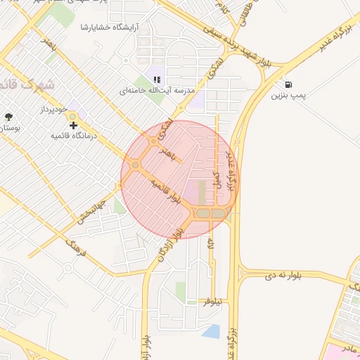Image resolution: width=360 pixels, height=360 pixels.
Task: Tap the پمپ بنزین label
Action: (290, 96)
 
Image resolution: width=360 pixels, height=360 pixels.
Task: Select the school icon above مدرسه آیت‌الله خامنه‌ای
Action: (156, 79)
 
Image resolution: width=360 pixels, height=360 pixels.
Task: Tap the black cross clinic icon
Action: (73, 124)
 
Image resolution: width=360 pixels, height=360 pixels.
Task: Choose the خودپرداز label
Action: (51, 111)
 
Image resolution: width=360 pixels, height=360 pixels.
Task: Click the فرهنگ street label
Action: (75, 247)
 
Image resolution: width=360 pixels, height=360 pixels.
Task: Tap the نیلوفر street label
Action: (212, 302)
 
